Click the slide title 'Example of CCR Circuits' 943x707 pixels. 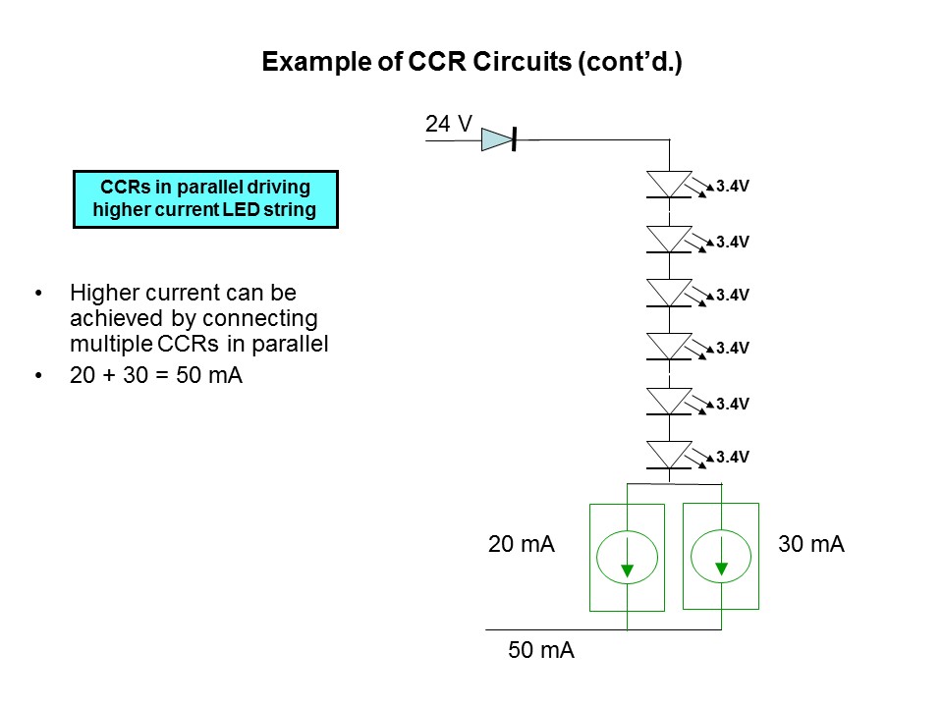point(471,63)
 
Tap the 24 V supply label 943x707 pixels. point(449,124)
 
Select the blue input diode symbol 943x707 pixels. point(499,140)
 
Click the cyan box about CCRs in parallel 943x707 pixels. point(205,199)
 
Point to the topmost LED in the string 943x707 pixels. point(670,185)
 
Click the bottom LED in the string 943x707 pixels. point(670,455)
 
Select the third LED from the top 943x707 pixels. point(670,293)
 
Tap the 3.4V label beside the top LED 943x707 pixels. point(733,185)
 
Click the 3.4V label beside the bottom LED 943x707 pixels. point(733,456)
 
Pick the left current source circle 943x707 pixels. point(627,557)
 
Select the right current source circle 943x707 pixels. point(721,557)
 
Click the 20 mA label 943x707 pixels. point(522,544)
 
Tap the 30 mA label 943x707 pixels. point(811,544)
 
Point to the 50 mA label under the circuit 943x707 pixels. point(540,650)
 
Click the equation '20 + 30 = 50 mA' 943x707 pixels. point(156,376)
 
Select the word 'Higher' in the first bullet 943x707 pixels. point(99,294)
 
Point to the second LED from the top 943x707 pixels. point(670,239)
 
